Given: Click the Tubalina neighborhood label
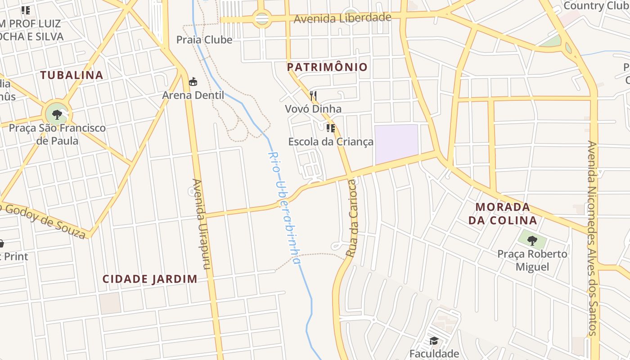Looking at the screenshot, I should pyautogui.click(x=72, y=75).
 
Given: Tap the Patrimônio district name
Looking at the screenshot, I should pyautogui.click(x=327, y=67).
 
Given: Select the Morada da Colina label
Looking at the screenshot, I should pyautogui.click(x=503, y=214).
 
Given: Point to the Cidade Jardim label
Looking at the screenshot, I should pyautogui.click(x=150, y=279).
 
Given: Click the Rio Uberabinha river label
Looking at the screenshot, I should pyautogui.click(x=284, y=207).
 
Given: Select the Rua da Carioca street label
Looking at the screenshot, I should pyautogui.click(x=351, y=218).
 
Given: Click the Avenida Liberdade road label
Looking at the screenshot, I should pyautogui.click(x=342, y=18).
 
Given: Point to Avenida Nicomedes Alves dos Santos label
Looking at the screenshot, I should pyautogui.click(x=593, y=238).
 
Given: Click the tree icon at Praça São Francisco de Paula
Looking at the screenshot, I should pyautogui.click(x=57, y=114).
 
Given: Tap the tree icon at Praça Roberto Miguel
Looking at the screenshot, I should pyautogui.click(x=532, y=240).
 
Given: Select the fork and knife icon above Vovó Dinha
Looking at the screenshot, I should pyautogui.click(x=313, y=95).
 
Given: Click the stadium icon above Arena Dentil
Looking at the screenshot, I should pyautogui.click(x=193, y=81).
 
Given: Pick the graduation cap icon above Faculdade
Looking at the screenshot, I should pyautogui.click(x=434, y=341).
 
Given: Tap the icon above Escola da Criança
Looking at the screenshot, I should pyautogui.click(x=331, y=128).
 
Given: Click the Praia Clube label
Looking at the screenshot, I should pyautogui.click(x=204, y=40).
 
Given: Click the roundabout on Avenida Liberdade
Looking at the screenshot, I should pyautogui.click(x=261, y=19).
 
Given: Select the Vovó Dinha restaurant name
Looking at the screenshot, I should pyautogui.click(x=313, y=109).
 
